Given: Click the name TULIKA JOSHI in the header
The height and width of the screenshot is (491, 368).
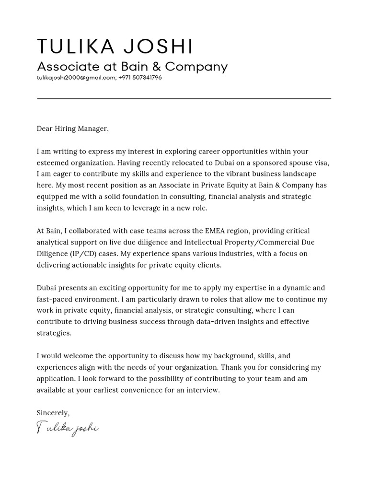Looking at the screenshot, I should coord(115,47).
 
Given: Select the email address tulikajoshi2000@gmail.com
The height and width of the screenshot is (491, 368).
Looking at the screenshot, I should coord(76,78).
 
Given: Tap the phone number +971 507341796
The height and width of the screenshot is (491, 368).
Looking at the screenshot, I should coord(140,78).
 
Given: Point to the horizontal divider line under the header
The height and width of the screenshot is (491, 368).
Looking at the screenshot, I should coord(184,98).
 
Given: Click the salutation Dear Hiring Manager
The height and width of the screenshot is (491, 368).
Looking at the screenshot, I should coord(72,129).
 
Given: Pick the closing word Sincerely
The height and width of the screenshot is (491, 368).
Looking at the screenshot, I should coord(53,413).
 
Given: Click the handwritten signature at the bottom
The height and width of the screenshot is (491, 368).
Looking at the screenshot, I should coord(68,428).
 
